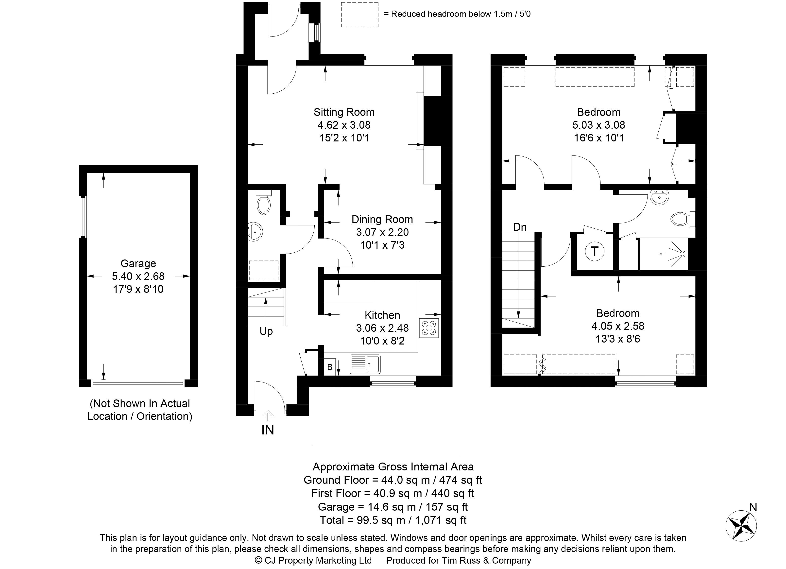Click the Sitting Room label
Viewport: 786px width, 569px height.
pos(344,112)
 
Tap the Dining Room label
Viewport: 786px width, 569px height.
pos(382,219)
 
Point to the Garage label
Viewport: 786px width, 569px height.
pos(138,264)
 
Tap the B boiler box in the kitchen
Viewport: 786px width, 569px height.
pos(330,367)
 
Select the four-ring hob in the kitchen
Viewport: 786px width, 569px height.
pos(429,328)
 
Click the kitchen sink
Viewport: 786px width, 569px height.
pos(365,364)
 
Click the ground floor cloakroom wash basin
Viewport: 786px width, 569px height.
pos(256,231)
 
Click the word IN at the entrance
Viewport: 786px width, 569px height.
pos(268,430)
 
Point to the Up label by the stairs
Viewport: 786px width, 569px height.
pos(266,332)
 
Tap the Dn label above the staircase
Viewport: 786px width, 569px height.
pos(520,227)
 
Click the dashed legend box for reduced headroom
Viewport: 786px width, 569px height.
pos(360,15)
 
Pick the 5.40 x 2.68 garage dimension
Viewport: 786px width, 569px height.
pos(138,276)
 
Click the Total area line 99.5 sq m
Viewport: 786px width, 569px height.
pos(393,520)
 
